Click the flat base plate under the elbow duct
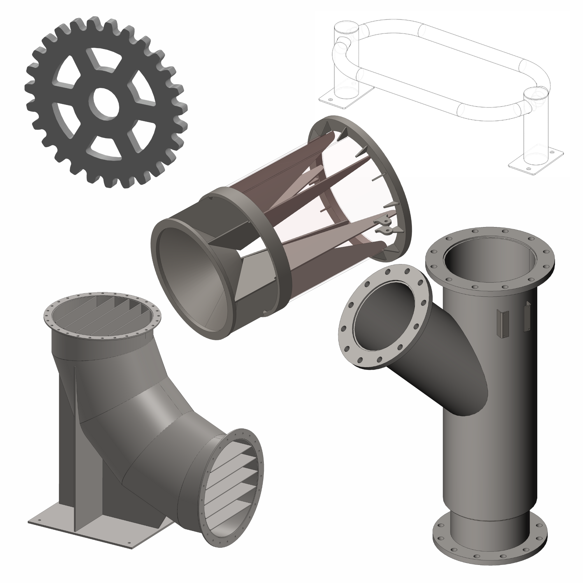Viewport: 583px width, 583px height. pyautogui.click(x=91, y=519)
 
